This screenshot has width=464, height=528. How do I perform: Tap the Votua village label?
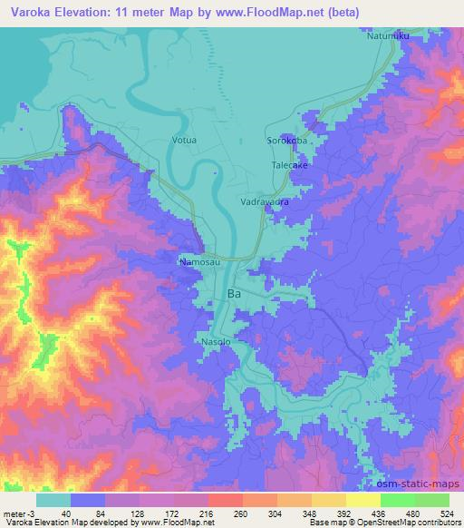184,141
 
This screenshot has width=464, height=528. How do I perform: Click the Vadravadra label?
265,202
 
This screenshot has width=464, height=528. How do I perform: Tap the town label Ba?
234,294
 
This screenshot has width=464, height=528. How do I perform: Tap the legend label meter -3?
19,513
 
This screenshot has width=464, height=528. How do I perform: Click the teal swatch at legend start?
53,500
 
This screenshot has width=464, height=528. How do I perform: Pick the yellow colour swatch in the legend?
362,500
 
